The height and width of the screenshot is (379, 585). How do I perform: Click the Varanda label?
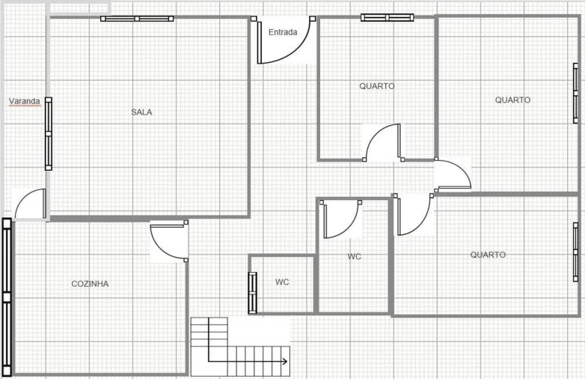24,100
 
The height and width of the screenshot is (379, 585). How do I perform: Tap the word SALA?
141,112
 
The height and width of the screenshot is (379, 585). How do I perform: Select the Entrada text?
283,32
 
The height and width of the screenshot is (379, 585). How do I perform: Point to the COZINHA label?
90,284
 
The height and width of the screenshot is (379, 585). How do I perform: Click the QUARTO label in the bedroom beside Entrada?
376,86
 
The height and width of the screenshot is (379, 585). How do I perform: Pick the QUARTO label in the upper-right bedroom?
512,100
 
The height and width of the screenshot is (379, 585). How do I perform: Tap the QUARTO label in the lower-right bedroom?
488,255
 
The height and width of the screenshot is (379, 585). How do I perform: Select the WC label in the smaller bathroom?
282,282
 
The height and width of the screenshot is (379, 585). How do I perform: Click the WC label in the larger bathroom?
354,256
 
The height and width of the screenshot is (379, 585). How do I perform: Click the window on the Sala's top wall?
138,18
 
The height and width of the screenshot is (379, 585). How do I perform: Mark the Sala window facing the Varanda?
49,133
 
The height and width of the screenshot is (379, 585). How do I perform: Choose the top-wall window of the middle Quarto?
387,17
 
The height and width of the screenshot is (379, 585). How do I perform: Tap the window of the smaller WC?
252,291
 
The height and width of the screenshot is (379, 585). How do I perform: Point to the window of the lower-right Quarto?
575,252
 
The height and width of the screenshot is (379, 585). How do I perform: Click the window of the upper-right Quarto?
575,92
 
